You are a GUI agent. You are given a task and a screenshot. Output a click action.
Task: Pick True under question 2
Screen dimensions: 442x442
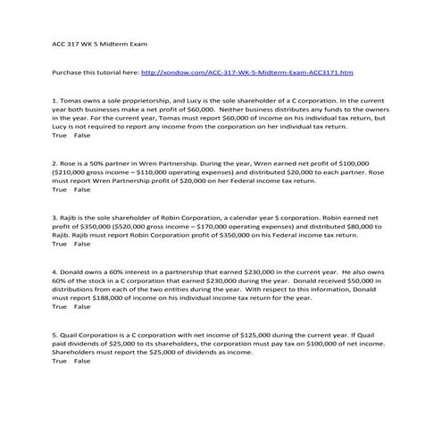tap(60, 190)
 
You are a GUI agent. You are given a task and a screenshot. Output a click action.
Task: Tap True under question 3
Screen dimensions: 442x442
tap(60, 244)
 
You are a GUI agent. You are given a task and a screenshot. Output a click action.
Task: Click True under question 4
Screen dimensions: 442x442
tap(60, 306)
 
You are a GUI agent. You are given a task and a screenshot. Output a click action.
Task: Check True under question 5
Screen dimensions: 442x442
tap(60, 361)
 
